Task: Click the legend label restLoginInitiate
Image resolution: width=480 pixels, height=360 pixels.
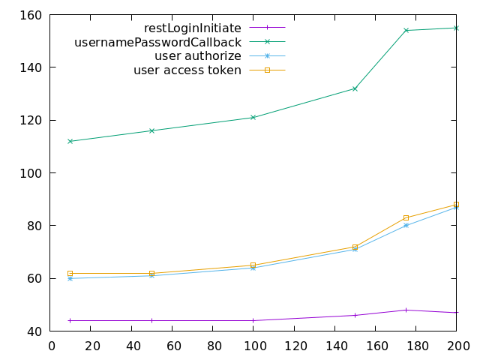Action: (193, 28)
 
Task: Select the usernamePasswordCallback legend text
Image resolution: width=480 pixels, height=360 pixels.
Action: (157, 43)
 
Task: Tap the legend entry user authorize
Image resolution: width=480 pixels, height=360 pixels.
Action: (198, 56)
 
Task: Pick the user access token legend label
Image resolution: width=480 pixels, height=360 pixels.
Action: (187, 70)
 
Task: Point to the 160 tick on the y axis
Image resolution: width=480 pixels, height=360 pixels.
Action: (36, 15)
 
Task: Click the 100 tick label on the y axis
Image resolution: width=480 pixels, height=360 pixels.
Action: (36, 173)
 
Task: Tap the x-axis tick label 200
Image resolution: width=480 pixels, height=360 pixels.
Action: (457, 346)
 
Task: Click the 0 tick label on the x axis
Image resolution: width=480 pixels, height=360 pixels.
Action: (51, 346)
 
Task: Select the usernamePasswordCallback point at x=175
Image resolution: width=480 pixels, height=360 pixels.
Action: (406, 31)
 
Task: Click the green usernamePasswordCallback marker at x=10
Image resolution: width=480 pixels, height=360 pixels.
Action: (70, 141)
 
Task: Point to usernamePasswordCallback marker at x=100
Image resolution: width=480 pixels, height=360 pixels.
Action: (253, 117)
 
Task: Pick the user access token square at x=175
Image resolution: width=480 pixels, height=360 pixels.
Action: (406, 218)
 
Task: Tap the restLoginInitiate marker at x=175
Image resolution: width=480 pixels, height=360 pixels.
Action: (406, 310)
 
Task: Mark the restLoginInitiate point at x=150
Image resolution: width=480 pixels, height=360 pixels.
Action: (355, 315)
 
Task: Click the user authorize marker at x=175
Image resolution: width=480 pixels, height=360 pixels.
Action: (406, 226)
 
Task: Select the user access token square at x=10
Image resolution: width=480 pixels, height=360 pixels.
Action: (70, 274)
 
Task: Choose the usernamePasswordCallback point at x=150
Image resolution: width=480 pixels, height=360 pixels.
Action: (355, 88)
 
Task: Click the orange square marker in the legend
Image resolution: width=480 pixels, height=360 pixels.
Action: (267, 70)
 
